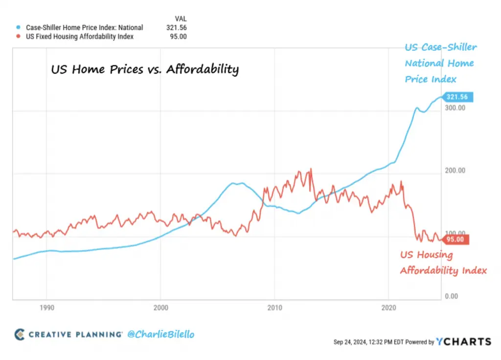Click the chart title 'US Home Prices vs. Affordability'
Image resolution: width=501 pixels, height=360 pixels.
coord(145,70)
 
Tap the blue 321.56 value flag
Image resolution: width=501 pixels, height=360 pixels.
coord(456,97)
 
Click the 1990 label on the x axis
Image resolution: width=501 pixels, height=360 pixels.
coord(46,308)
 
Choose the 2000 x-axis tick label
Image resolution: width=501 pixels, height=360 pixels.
coord(160,308)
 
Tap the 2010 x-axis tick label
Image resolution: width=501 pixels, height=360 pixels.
coord(274,308)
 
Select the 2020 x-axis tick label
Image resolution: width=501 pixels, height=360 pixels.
coord(388,308)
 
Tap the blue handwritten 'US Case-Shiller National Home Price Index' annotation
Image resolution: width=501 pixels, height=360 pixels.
coord(440,63)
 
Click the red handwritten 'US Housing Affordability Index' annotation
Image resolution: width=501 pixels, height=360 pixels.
coord(443,263)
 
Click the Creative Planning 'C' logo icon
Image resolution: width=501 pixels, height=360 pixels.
coord(19,335)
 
